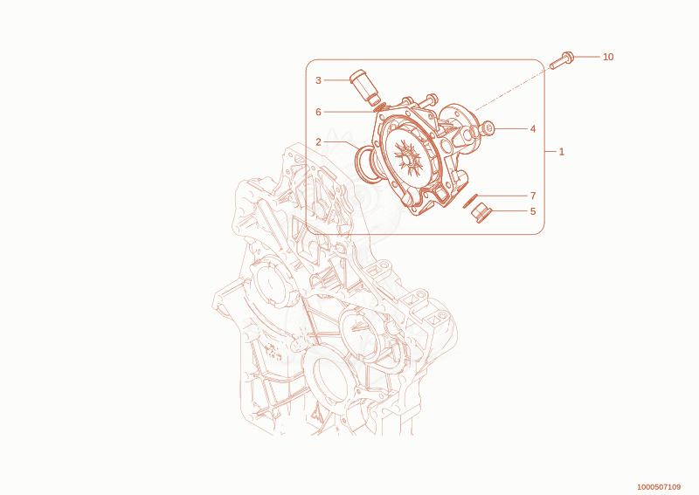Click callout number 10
click(608, 57)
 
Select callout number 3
click(318, 80)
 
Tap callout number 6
click(318, 112)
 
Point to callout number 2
click(318, 142)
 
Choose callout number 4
click(533, 129)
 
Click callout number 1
click(561, 152)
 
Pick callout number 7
click(533, 196)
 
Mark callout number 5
click(533, 211)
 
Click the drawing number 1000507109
click(659, 486)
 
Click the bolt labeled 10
click(562, 60)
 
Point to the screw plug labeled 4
click(488, 130)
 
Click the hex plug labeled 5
click(481, 212)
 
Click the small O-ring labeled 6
click(380, 107)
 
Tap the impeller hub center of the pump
click(406, 158)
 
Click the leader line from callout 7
click(502, 196)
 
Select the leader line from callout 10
click(586, 57)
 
